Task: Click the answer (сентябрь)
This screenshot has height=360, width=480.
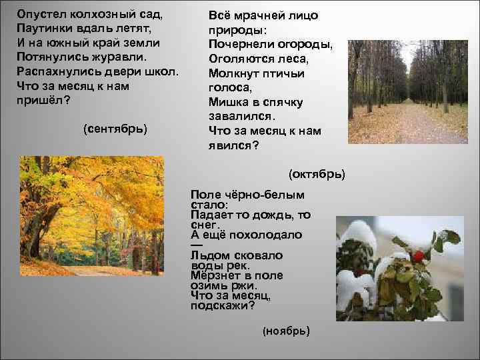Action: coord(115,127)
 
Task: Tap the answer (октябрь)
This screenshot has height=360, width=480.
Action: coord(317,174)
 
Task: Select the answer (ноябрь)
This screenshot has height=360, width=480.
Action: coord(287,331)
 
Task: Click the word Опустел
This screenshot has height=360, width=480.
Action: coord(43,14)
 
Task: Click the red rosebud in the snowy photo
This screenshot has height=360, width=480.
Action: coord(418,256)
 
